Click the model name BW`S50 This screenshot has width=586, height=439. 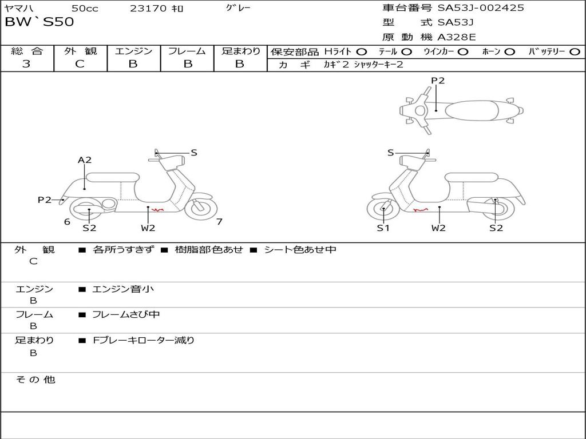coord(39,22)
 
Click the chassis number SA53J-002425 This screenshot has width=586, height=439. coord(481,8)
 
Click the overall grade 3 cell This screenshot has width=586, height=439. coord(26,64)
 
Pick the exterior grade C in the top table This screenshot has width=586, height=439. coord(80,64)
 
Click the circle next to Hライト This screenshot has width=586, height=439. coord(362,52)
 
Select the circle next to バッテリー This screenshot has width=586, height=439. coord(575,52)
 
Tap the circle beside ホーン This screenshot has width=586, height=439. coord(509,52)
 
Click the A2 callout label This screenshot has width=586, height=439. coord(85,160)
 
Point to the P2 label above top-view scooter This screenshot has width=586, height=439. coord(438,81)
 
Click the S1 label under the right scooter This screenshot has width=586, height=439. coord(383,228)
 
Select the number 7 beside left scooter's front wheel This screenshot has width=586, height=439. coord(219,221)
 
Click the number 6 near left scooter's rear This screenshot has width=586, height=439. coord(68,222)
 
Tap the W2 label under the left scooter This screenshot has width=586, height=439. coord(148,228)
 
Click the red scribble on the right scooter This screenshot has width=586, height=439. coord(421,210)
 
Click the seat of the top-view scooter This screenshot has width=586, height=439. coord(472,110)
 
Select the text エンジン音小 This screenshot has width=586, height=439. coord(123,289)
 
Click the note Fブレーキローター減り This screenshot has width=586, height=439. coord(144,340)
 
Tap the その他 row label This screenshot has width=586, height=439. coord(35,380)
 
